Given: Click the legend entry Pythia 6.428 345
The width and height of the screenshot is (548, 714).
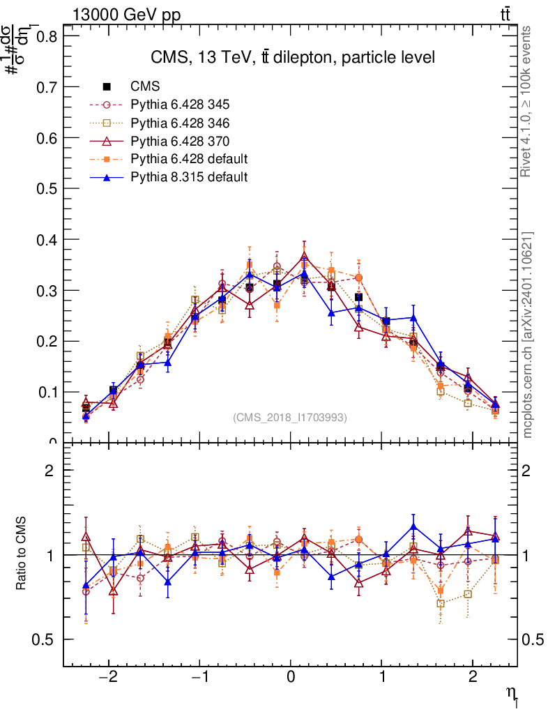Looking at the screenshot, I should pos(180,105).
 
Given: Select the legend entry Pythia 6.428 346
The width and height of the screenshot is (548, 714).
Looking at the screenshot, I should pos(180,123).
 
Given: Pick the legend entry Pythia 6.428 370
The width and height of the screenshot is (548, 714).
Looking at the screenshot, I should pos(180,141).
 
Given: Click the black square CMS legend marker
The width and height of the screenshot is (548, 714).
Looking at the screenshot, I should pos(107,87).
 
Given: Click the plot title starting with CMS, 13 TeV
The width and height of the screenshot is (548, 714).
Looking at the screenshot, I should pos(293,57).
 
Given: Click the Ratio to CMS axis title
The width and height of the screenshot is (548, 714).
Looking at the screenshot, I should pos(22,554).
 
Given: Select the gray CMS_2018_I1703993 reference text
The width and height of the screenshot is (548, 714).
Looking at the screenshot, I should pos(289,417).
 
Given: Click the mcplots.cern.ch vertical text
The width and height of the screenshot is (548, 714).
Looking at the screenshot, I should pos(528,335).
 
